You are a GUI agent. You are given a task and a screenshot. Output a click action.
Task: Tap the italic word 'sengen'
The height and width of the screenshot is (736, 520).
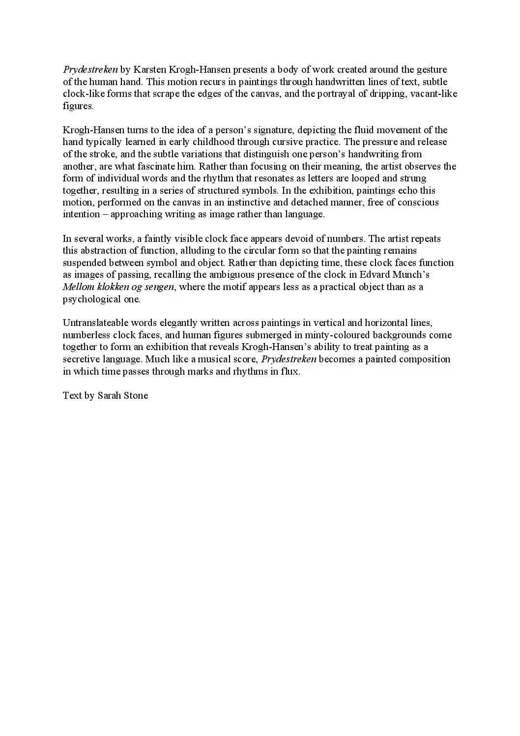(159, 287)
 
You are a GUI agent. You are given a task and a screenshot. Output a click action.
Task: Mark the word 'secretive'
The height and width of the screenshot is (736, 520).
(81, 359)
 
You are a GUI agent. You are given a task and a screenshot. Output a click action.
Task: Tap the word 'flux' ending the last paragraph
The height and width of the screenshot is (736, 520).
(290, 371)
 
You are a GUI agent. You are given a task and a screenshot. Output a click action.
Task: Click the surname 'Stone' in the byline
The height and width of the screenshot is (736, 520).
(134, 396)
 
